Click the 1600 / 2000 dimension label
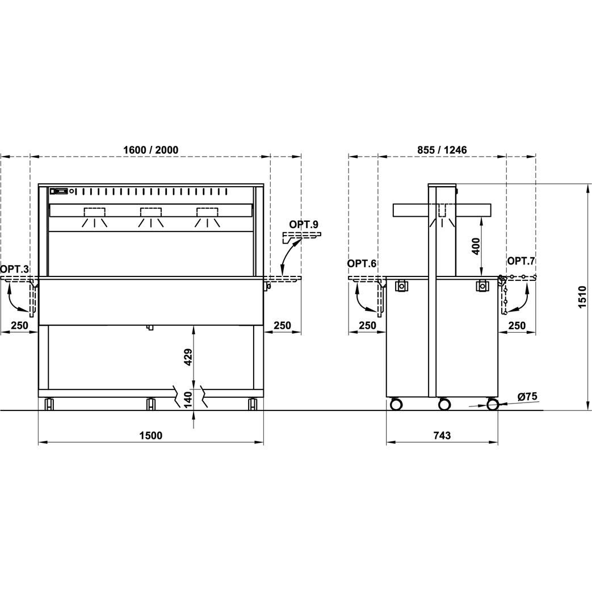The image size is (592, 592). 150,150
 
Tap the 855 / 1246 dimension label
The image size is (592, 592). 442,150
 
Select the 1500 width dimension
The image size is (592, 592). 150,435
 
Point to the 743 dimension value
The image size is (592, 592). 442,435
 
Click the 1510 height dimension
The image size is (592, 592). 582,297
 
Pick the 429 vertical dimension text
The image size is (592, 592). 188,356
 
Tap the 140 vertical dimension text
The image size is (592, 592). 188,400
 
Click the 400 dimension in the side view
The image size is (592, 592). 476,246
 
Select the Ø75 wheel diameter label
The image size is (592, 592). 527,396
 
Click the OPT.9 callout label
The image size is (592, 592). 304,224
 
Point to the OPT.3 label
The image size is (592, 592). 14,269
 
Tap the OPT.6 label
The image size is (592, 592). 362,263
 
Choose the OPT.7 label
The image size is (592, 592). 522,261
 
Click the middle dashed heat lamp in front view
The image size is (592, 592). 151,212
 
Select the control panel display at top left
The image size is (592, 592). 60,191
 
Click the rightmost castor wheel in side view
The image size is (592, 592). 492,404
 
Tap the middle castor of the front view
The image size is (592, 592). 150,404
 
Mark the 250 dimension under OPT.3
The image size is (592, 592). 19,325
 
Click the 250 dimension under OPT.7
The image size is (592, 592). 517,325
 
